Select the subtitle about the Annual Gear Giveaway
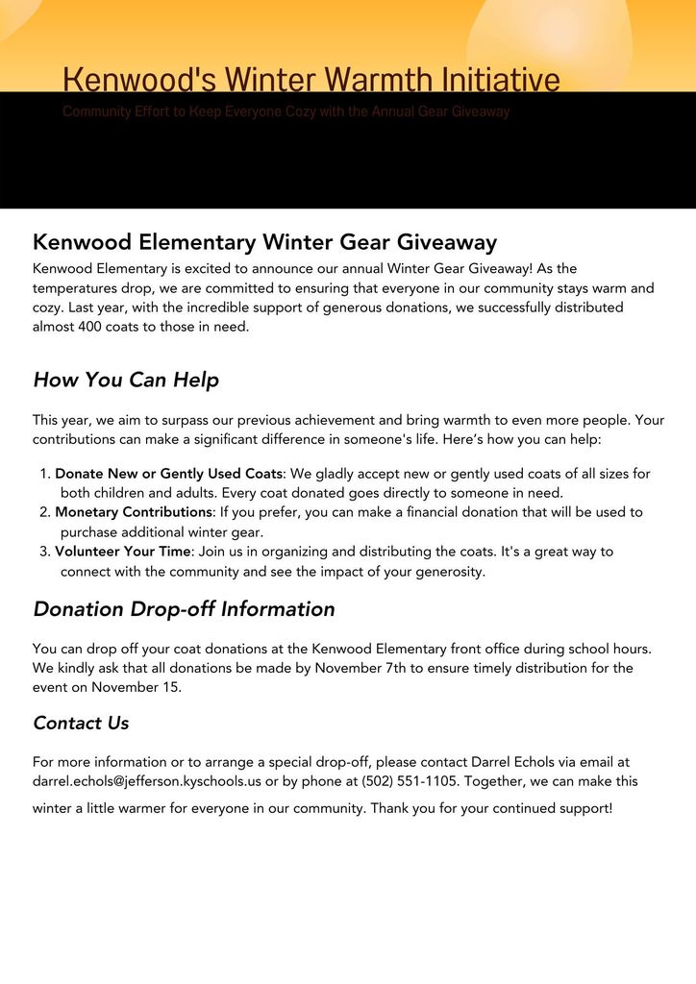click(286, 111)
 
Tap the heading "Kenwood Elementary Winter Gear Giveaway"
click(264, 241)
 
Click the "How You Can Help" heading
click(126, 380)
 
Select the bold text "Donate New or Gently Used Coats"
click(168, 474)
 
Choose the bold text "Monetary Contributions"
click(134, 512)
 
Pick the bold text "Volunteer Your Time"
click(124, 552)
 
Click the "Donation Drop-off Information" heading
click(184, 609)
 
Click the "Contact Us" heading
click(81, 723)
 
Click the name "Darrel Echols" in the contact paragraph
click(517, 762)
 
